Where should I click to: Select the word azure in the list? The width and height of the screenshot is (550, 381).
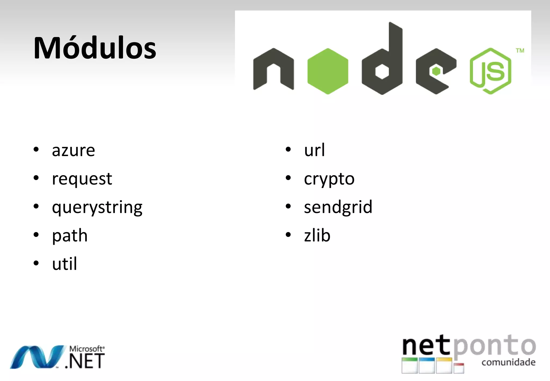click(73, 150)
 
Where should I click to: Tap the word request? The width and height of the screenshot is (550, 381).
click(82, 179)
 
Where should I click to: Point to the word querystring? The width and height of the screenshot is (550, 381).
click(97, 207)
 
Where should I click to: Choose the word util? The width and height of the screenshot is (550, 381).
click(64, 264)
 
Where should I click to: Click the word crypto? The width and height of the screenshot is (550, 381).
click(329, 179)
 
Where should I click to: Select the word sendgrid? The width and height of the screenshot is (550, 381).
click(338, 207)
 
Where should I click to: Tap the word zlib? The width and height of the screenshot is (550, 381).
click(317, 236)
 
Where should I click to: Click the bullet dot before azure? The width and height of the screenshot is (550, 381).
click(36, 149)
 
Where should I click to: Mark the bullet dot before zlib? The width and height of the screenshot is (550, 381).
click(288, 235)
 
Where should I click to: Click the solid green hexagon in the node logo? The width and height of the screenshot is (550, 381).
click(328, 71)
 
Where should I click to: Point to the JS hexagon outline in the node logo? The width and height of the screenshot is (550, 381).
click(490, 71)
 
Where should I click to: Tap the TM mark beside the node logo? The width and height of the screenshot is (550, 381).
click(520, 51)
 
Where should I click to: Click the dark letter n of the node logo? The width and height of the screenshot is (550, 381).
click(273, 69)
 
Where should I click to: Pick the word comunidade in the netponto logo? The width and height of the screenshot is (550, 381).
click(508, 362)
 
